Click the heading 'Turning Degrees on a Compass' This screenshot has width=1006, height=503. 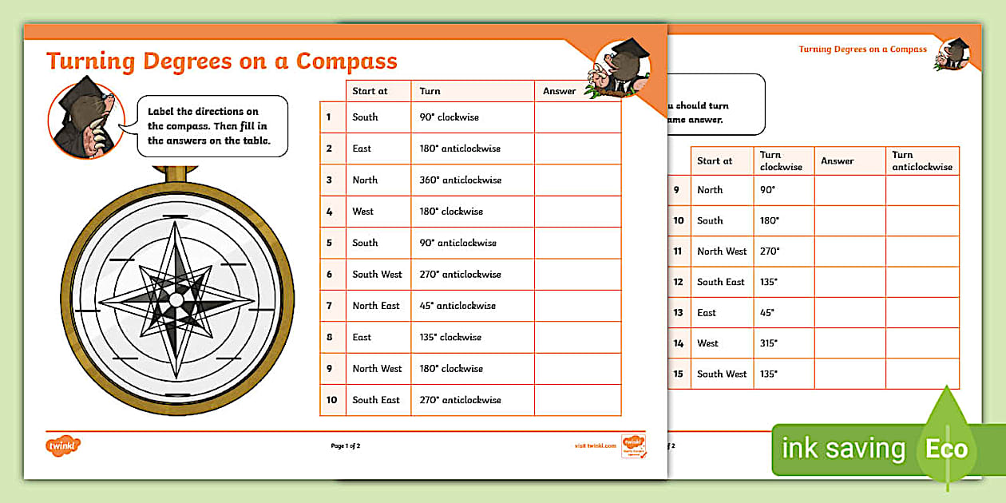click(x=221, y=61)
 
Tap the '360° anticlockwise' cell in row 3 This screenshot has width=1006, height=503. click(x=461, y=180)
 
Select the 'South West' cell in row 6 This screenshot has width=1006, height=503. click(x=377, y=274)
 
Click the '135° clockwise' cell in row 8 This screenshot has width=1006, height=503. click(x=450, y=337)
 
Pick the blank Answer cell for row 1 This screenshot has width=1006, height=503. click(x=577, y=117)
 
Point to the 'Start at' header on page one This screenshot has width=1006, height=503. click(x=370, y=91)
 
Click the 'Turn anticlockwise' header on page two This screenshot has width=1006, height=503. click(x=922, y=160)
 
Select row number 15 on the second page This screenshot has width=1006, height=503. click(x=678, y=374)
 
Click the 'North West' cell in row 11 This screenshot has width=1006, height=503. click(x=722, y=251)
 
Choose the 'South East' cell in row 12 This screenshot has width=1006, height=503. click(x=720, y=282)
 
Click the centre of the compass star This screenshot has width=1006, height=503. click(x=176, y=299)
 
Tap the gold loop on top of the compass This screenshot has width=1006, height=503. click(x=175, y=172)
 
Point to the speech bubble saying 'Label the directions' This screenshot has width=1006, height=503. click(x=212, y=126)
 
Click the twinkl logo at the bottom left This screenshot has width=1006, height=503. click(x=64, y=446)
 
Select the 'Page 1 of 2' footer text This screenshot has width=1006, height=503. click(x=346, y=446)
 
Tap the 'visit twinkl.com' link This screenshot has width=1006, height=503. click(x=595, y=446)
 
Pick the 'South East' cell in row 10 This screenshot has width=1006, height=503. click(x=376, y=400)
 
